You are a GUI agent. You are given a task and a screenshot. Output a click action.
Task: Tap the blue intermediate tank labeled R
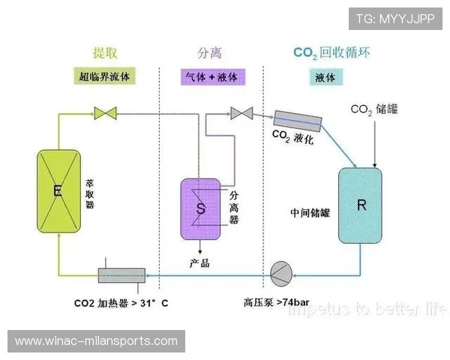pos(361,205)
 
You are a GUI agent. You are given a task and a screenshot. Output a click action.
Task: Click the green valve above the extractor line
pos(105,114)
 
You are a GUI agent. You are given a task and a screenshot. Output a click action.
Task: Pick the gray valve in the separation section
pos(241,113)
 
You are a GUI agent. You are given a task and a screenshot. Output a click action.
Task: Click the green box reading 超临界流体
pos(106,76)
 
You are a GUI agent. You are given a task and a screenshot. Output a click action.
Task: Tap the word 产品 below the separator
pos(199,263)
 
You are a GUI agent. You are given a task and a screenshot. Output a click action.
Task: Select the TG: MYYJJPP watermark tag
pos(394,19)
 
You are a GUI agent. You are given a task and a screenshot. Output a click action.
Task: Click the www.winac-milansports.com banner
pos(96,341)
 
